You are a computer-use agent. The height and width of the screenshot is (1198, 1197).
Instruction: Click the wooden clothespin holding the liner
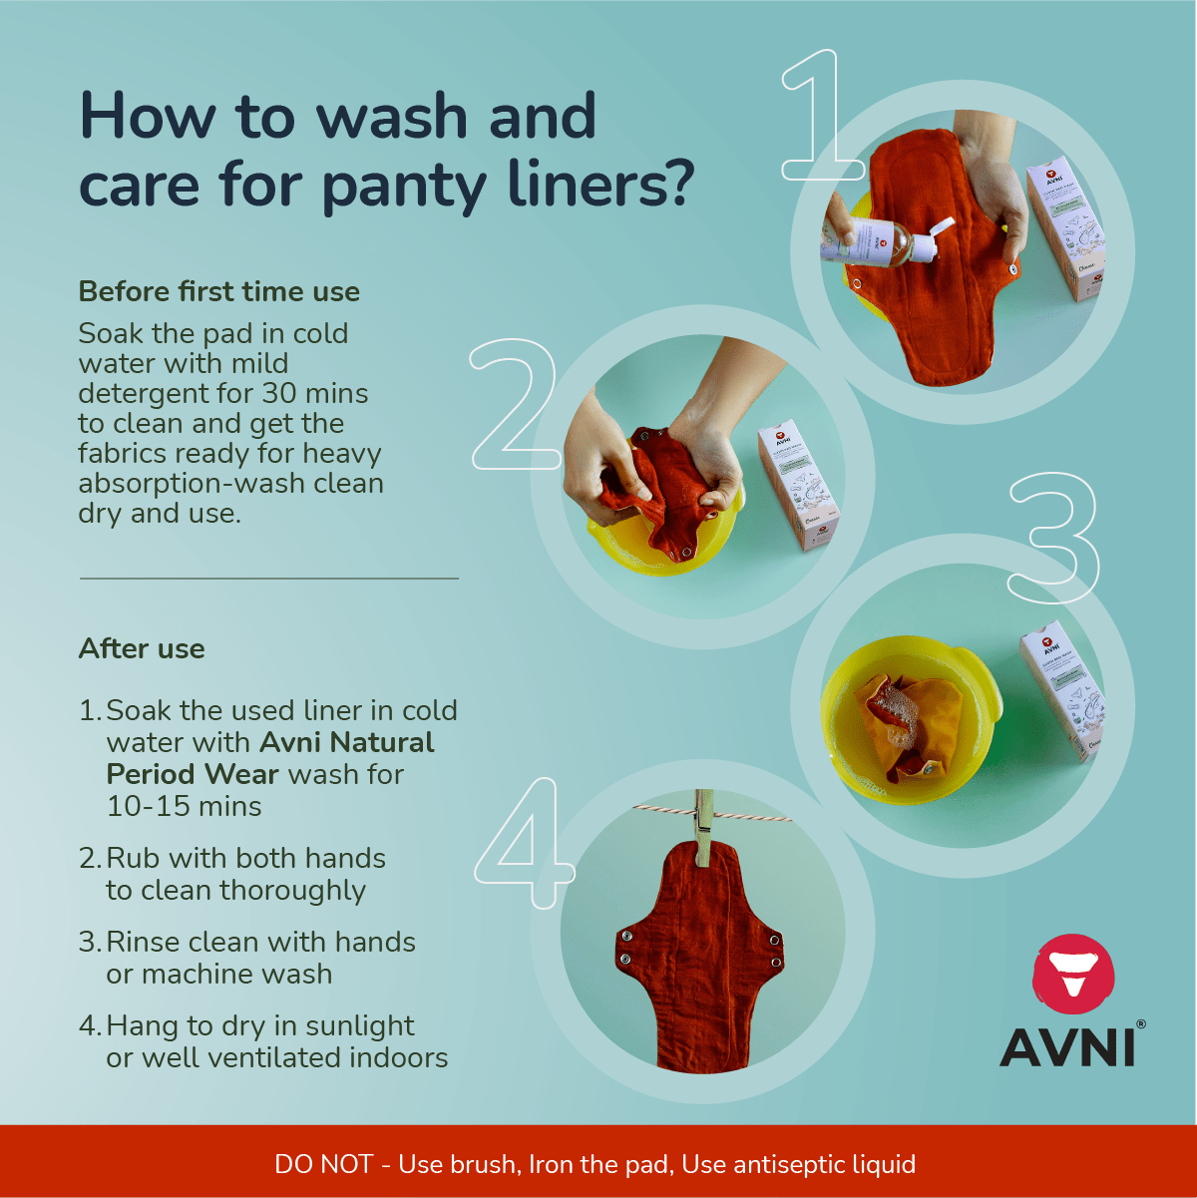(704, 828)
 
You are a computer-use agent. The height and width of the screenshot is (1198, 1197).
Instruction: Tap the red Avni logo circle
(1073, 975)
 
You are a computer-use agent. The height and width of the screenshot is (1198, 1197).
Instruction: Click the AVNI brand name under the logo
(1067, 1048)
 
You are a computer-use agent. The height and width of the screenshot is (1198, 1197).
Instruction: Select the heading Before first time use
(218, 291)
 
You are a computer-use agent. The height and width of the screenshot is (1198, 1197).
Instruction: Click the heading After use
(142, 648)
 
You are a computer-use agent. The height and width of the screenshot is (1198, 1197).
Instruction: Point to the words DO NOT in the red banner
(323, 1164)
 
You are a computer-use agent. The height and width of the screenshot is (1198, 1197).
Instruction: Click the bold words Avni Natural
(347, 742)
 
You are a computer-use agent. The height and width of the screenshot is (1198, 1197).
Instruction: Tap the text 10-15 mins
(185, 806)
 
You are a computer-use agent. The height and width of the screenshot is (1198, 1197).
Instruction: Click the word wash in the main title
(392, 117)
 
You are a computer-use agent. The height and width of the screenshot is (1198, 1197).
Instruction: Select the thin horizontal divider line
(269, 579)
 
